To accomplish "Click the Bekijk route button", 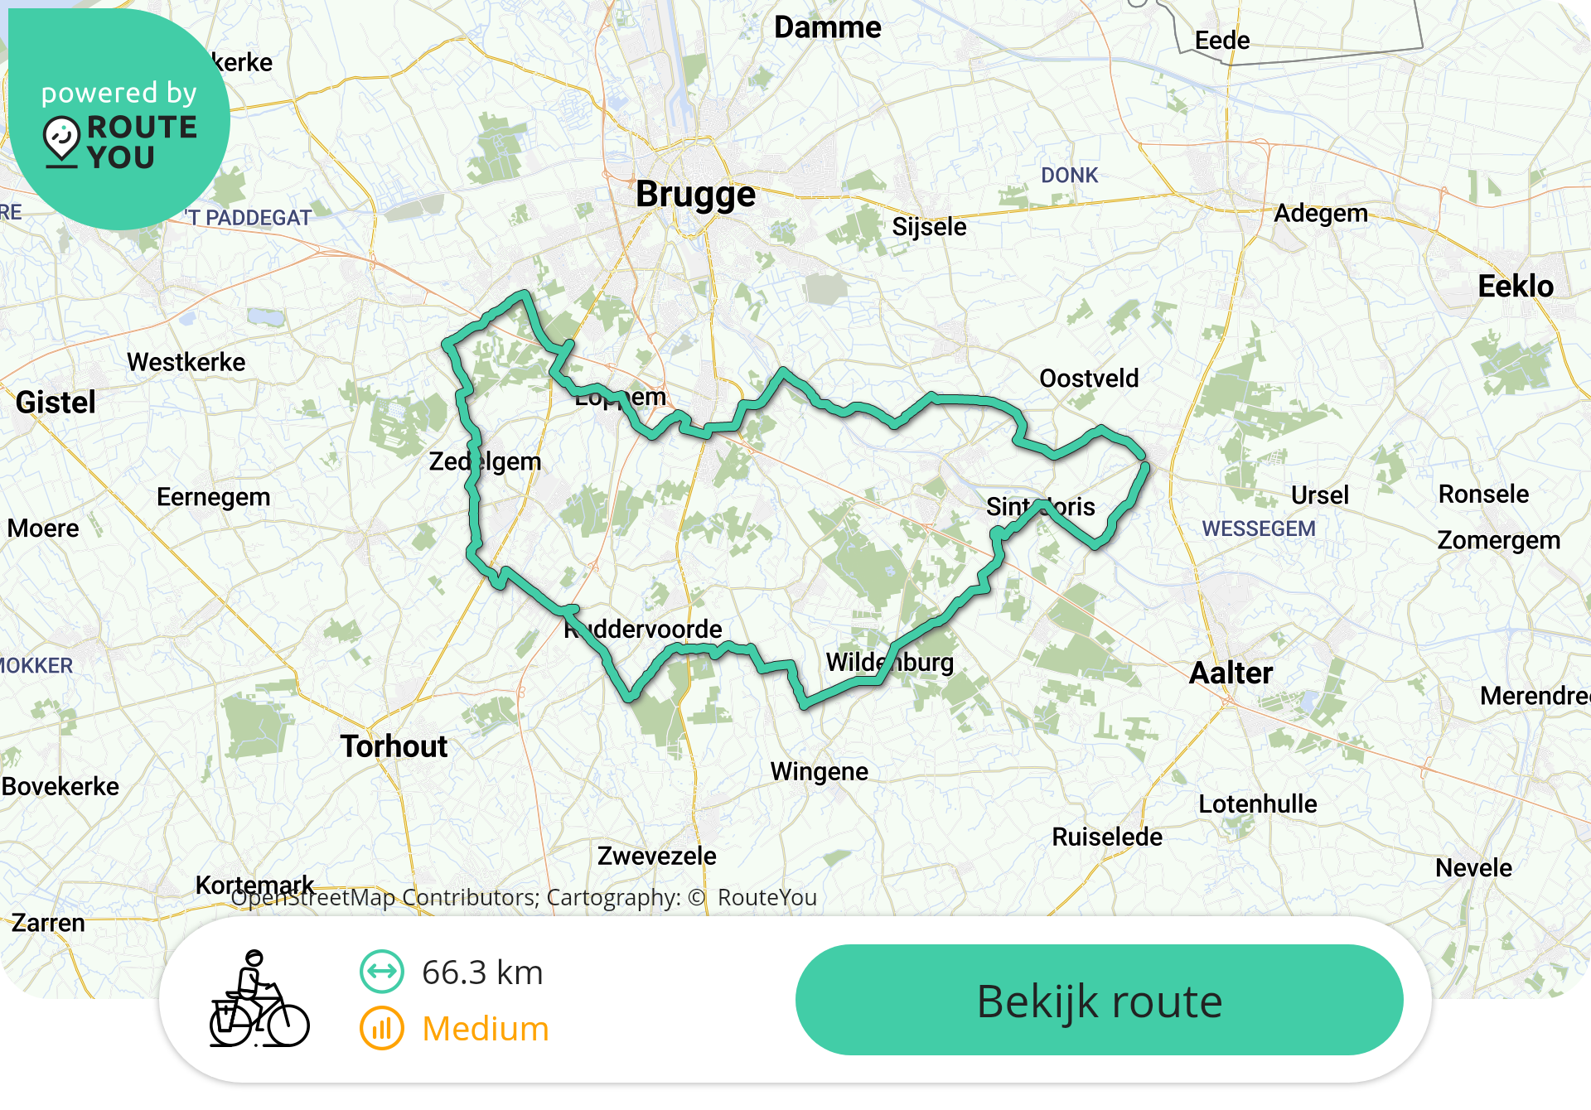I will tap(1099, 1000).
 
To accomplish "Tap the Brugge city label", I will tap(695, 195).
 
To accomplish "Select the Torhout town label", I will tap(394, 746).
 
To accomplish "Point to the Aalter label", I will tap(1231, 673).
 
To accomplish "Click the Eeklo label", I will tap(1516, 286).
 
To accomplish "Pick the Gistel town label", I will tap(56, 403).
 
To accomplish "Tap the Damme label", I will tap(827, 27).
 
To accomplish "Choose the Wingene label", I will tap(819, 771).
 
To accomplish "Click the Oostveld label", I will tap(1089, 379).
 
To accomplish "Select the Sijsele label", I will tap(929, 227).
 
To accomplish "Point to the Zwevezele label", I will tap(656, 856).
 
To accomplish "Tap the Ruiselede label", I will tap(1106, 837).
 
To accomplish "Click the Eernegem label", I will tap(213, 497).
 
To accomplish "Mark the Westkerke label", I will tap(186, 362).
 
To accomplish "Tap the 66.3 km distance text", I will tap(481, 972).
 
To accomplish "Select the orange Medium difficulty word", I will tap(485, 1029).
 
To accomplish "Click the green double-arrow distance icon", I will tap(382, 972).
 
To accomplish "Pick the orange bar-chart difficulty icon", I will tap(382, 1028).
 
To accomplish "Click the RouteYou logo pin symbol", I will tap(61, 139).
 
